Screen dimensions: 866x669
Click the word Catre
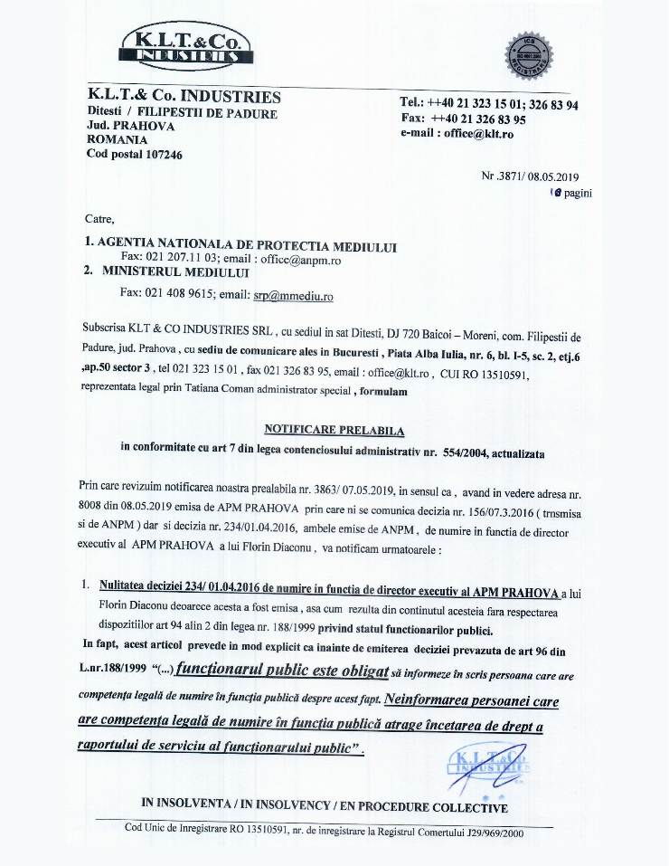click(x=99, y=219)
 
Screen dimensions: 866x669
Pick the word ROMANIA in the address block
click(x=117, y=140)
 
